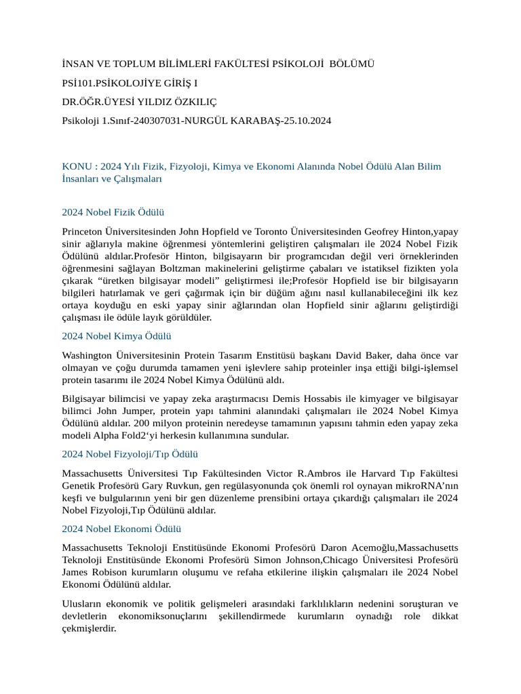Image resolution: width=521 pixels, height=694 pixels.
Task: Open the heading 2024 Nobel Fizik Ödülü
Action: click(x=113, y=212)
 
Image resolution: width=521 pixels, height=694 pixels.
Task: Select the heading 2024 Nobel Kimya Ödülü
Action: click(x=116, y=335)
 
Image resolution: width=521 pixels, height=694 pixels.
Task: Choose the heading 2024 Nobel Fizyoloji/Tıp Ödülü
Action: click(x=130, y=454)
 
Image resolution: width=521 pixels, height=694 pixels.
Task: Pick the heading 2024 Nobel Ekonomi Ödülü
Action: click(x=121, y=529)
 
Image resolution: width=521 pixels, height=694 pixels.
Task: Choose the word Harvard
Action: click(x=376, y=473)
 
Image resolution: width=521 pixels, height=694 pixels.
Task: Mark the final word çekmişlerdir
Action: click(x=89, y=628)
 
